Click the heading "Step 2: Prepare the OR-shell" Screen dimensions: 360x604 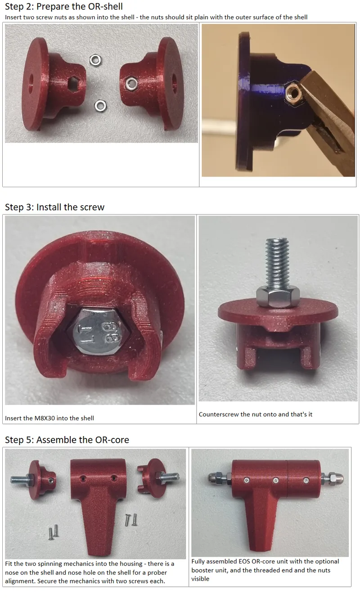[64, 6]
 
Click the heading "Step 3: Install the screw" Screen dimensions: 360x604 [54, 207]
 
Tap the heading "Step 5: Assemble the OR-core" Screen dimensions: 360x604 [67, 440]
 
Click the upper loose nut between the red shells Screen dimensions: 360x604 [95, 60]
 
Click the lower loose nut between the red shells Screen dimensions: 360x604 [100, 106]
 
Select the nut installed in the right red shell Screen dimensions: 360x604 [131, 83]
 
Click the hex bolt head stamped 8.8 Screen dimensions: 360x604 [98, 331]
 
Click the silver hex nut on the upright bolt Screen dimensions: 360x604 [278, 297]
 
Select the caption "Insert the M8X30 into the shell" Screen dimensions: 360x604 [49, 418]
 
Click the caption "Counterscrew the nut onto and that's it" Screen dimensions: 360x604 [255, 414]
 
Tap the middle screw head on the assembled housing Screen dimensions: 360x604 [275, 480]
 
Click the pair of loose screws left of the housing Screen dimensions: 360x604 [54, 532]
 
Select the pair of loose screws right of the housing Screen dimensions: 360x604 [131, 519]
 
